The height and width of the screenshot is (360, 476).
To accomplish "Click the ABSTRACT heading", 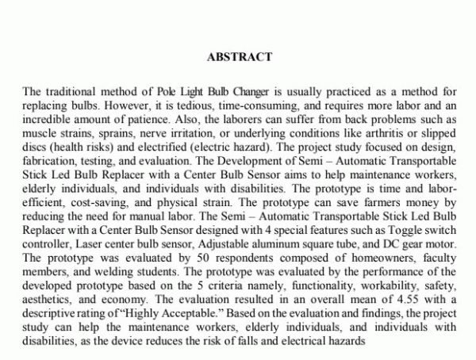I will point(239,56).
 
